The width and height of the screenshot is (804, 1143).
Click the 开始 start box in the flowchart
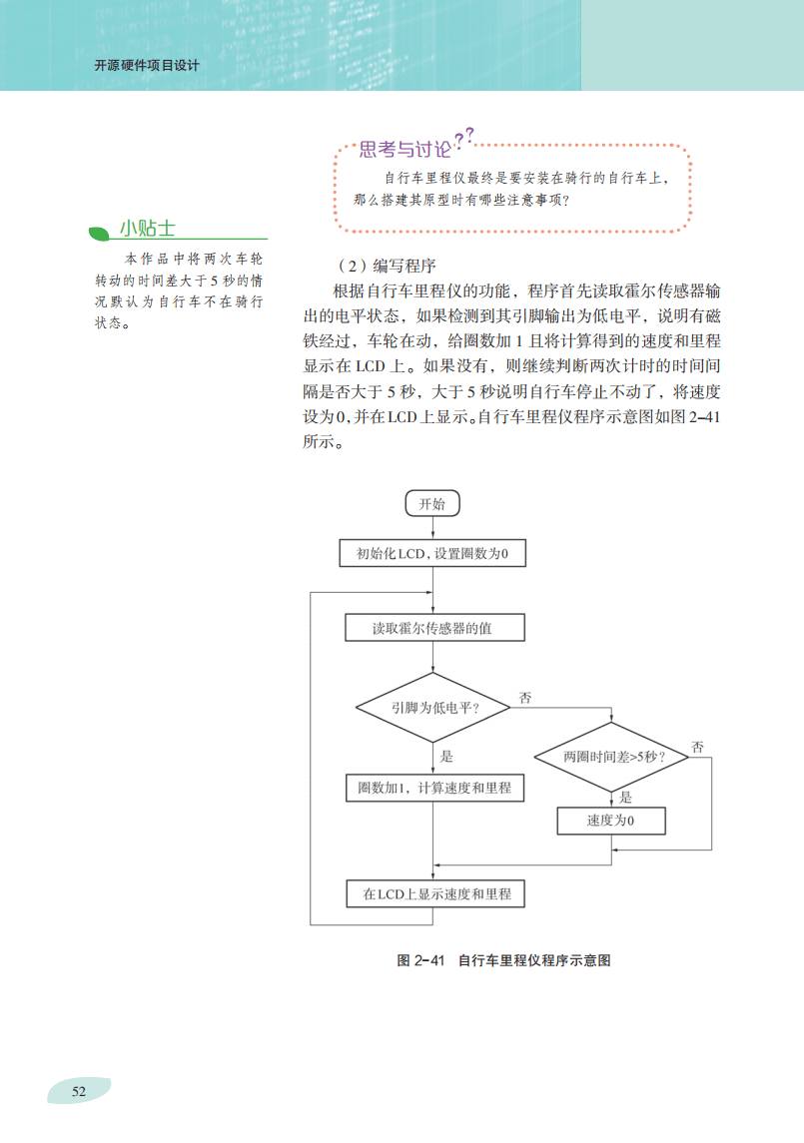tap(432, 503)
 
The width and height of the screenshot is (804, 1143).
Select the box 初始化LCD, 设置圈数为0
tap(432, 554)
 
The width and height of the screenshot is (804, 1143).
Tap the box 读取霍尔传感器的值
tap(432, 629)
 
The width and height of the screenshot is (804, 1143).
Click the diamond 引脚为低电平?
tap(432, 707)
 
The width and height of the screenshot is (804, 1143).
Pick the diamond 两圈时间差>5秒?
tap(611, 757)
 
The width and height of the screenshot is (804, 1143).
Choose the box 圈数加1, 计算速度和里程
tap(433, 788)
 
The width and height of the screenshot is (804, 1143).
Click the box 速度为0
tap(611, 821)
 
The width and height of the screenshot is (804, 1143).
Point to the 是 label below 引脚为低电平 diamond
tap(446, 756)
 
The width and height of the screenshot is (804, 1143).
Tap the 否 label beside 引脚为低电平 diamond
tap(525, 698)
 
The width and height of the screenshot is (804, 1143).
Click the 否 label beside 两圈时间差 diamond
tap(698, 747)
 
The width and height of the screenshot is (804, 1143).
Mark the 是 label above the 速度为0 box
tap(626, 797)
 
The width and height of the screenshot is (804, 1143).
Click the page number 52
tap(79, 1091)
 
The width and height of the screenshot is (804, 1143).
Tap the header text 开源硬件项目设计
tap(146, 66)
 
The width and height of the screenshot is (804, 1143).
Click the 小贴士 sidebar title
tap(148, 228)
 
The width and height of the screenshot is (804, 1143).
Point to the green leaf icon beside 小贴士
tap(99, 233)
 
